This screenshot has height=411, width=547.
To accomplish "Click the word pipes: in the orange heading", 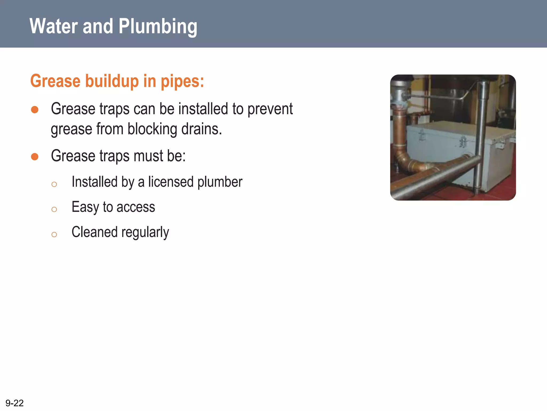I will (x=182, y=81).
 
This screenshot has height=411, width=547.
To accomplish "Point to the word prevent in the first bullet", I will (x=270, y=109).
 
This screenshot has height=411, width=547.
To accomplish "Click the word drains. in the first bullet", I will (x=202, y=129).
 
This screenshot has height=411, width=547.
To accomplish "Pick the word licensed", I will (x=171, y=182).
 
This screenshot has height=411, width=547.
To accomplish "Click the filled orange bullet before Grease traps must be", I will (x=35, y=157).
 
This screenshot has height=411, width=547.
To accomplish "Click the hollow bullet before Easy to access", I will (x=54, y=209).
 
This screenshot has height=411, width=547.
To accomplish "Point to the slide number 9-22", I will (x=14, y=403).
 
